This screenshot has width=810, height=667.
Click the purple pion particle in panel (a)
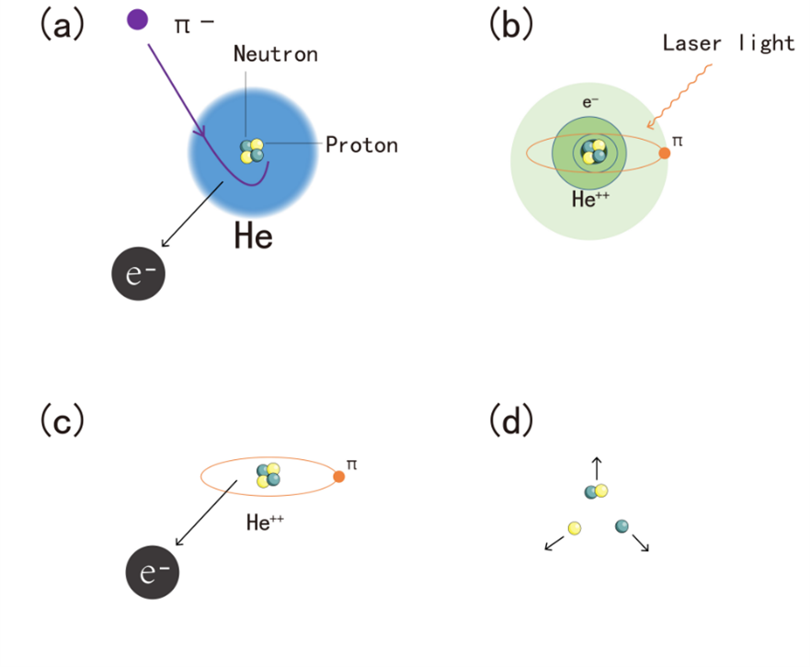pos(138,18)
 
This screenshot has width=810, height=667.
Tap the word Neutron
pos(275,54)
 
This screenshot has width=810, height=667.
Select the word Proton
pos(361,144)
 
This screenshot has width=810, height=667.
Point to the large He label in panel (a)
pos(253,236)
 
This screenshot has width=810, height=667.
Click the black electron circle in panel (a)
pos(138,273)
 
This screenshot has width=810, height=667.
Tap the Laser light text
pos(728,43)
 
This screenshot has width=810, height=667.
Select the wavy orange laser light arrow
pos(679,96)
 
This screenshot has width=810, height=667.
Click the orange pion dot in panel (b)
pos(665,153)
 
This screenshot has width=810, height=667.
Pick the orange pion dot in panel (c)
pos(339,477)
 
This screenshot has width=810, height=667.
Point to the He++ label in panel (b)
pos(586,200)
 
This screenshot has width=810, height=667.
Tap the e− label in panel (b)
pos(589,101)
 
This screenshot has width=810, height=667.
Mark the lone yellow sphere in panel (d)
pos(575,527)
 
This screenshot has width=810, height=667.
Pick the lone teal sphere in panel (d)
pos(622,525)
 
